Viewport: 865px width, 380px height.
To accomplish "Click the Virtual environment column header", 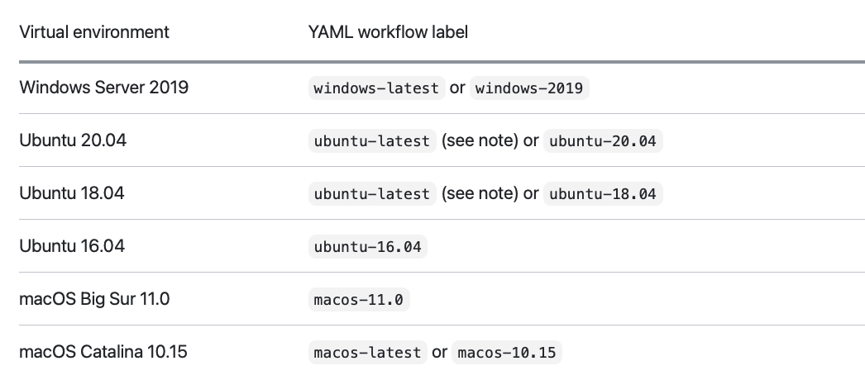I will pyautogui.click(x=94, y=32).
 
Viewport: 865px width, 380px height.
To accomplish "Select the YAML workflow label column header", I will pyautogui.click(x=389, y=32).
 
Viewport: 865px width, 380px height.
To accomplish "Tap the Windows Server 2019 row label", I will pyautogui.click(x=103, y=87).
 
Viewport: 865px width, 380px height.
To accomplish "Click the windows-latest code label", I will pyautogui.click(x=376, y=88).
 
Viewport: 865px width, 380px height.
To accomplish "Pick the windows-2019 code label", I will pyautogui.click(x=529, y=88).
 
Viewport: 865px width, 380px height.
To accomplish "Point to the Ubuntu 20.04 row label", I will pyautogui.click(x=73, y=140).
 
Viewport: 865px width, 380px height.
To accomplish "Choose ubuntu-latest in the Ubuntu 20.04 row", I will pyautogui.click(x=371, y=141).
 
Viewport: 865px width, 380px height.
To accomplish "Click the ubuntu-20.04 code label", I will pyautogui.click(x=603, y=141).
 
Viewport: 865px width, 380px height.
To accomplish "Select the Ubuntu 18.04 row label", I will pyautogui.click(x=73, y=193).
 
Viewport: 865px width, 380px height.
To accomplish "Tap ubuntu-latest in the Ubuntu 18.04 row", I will pyautogui.click(x=371, y=194).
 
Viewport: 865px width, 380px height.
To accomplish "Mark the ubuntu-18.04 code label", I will pyautogui.click(x=603, y=194).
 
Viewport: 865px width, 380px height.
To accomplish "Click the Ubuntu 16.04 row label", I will pyautogui.click(x=73, y=246).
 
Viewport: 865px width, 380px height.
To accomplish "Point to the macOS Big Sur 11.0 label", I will pyautogui.click(x=94, y=299).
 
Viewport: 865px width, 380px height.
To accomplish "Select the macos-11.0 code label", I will pyautogui.click(x=359, y=300).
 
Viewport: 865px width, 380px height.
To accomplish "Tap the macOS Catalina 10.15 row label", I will pyautogui.click(x=103, y=352).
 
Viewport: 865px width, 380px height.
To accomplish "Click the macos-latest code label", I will pyautogui.click(x=367, y=353).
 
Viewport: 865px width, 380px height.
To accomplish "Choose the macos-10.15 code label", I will pyautogui.click(x=507, y=353).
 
